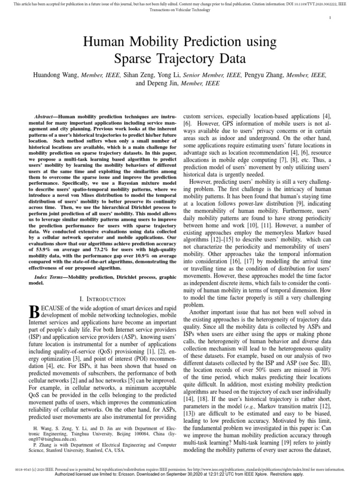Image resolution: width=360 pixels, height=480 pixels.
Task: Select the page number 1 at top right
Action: pos(331,18)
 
